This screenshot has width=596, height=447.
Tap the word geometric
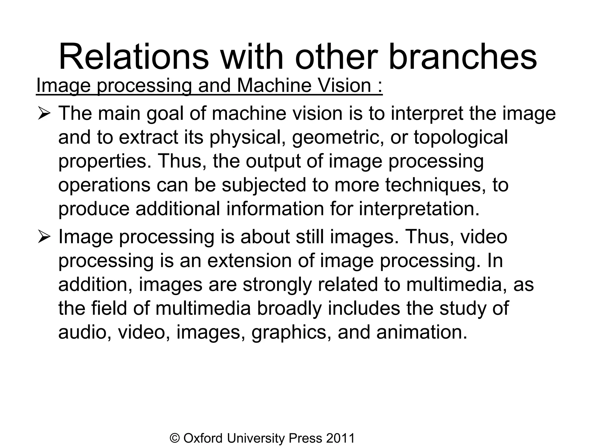[x=338, y=137]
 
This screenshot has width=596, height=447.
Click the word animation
[x=422, y=332]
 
